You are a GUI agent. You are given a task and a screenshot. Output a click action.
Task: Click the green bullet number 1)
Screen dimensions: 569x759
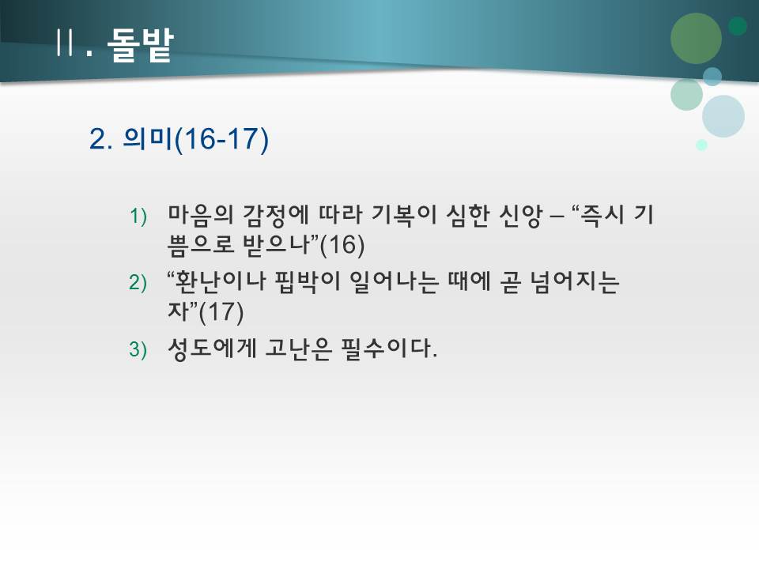tap(138, 216)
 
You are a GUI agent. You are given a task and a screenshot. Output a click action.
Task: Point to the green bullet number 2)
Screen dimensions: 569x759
tap(138, 283)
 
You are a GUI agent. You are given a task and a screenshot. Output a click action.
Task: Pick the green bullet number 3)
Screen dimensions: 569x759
tap(138, 350)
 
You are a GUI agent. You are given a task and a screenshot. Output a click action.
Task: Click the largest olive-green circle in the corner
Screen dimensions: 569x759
tap(696, 38)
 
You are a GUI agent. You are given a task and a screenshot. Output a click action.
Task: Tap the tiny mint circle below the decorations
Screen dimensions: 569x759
tap(701, 145)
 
